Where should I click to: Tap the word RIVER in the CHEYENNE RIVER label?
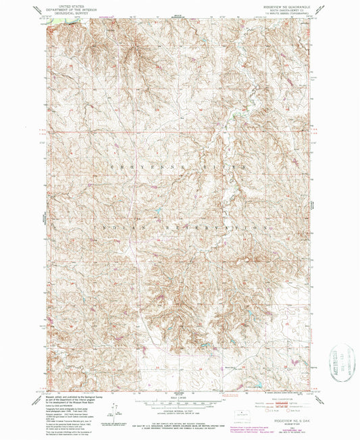pyautogui.click(x=224, y=165)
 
